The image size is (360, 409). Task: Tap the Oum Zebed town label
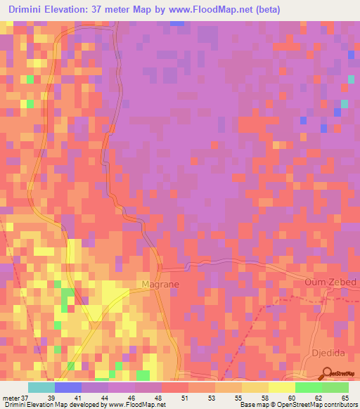(x=330, y=283)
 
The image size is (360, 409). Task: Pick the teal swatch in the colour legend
(x=41, y=387)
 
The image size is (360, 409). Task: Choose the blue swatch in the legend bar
(x=68, y=387)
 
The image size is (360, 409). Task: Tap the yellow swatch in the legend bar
(x=281, y=387)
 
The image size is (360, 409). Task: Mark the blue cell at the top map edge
(x=177, y=23)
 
